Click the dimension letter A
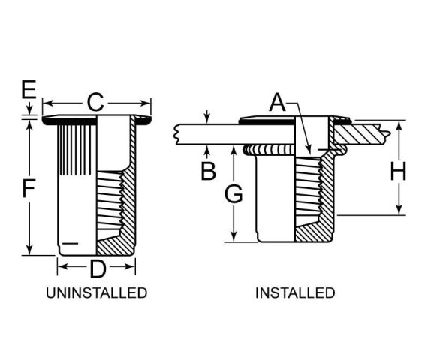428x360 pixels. click(x=277, y=103)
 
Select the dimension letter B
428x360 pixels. click(x=208, y=171)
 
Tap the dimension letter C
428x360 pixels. click(x=95, y=102)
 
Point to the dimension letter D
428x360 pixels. click(x=98, y=269)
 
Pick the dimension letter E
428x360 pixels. click(x=29, y=89)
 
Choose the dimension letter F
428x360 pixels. click(x=29, y=188)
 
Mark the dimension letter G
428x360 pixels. click(x=234, y=193)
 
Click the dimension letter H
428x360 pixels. click(x=399, y=171)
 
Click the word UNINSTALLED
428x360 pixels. click(x=97, y=293)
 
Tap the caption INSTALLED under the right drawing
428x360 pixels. click(x=295, y=293)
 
